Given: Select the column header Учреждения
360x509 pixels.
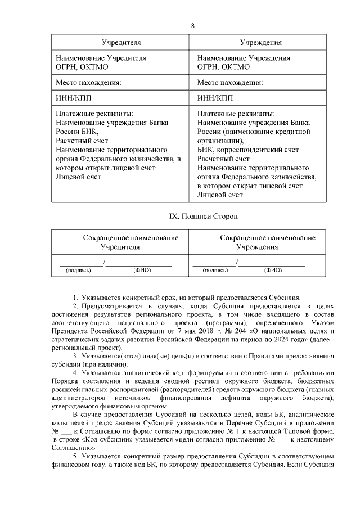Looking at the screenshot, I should pyautogui.click(x=262, y=43).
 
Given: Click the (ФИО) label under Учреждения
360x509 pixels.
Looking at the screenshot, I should pyautogui.click(x=273, y=271).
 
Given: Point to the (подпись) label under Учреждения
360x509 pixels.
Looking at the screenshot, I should pyautogui.click(x=215, y=271).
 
